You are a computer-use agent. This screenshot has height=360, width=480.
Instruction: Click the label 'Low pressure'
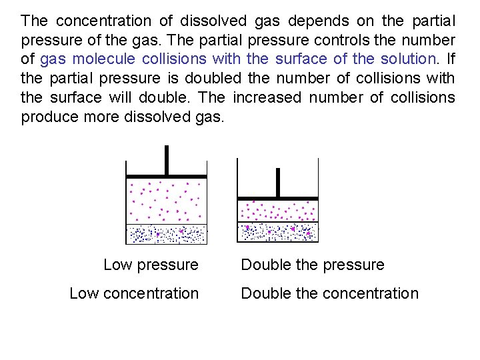(151, 265)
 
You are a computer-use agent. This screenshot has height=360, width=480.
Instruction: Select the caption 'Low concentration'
(134, 293)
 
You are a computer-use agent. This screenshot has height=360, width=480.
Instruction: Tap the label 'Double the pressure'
(312, 265)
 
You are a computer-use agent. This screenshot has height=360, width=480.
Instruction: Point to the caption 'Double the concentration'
(329, 293)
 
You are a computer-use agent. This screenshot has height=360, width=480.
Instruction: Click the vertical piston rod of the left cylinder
(167, 161)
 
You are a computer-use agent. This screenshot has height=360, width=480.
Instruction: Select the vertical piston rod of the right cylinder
(278, 182)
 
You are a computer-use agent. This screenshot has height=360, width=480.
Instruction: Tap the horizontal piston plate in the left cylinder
(167, 177)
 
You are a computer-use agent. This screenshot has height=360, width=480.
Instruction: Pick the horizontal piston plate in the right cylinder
(278, 198)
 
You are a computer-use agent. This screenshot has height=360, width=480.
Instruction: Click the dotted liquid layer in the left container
(167, 234)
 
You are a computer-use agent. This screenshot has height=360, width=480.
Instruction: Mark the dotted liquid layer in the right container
(278, 232)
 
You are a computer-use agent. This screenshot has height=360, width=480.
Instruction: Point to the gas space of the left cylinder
(167, 201)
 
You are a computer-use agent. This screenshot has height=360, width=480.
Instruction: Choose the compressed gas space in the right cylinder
(278, 211)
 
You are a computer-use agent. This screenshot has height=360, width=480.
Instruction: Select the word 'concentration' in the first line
(97, 21)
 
